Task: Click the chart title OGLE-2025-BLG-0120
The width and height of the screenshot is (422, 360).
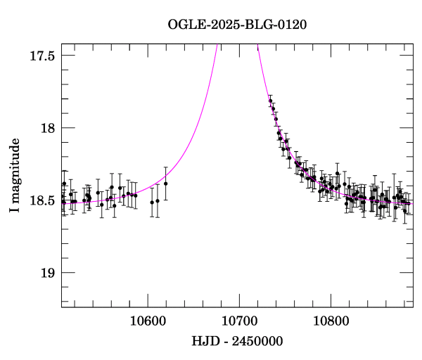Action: (237, 25)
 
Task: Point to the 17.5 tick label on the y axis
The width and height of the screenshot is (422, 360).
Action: (42, 55)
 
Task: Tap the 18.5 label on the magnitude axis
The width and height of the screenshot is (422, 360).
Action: (42, 200)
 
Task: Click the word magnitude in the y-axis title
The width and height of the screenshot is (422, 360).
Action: (15, 165)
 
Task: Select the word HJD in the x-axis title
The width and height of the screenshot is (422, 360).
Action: (203, 342)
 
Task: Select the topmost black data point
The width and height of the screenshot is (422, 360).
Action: (271, 101)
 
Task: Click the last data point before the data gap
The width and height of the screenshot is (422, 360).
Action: (166, 184)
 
